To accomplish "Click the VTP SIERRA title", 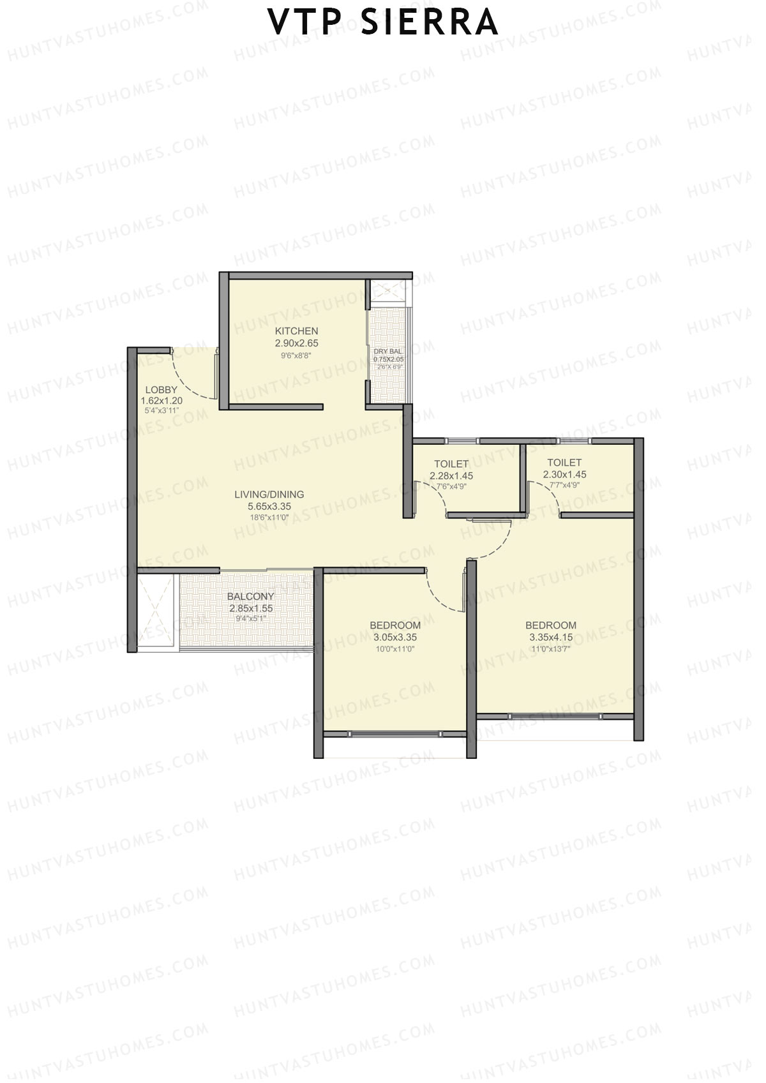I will click(383, 22).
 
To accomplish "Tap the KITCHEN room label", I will click(296, 331).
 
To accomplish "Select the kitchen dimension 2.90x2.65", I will click(296, 343).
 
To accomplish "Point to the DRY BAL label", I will click(388, 352).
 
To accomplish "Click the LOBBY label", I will click(161, 390).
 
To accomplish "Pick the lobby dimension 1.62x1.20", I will click(161, 401).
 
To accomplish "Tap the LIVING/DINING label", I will click(269, 495).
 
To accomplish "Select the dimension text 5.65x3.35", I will click(269, 507).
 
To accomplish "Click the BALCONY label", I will click(250, 597).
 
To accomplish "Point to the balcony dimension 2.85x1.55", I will click(251, 609).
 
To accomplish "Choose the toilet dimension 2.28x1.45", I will click(451, 475).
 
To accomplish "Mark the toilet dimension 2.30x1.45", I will click(564, 475).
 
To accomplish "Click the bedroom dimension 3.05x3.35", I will click(395, 637).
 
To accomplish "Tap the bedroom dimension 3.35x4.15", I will click(551, 637).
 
